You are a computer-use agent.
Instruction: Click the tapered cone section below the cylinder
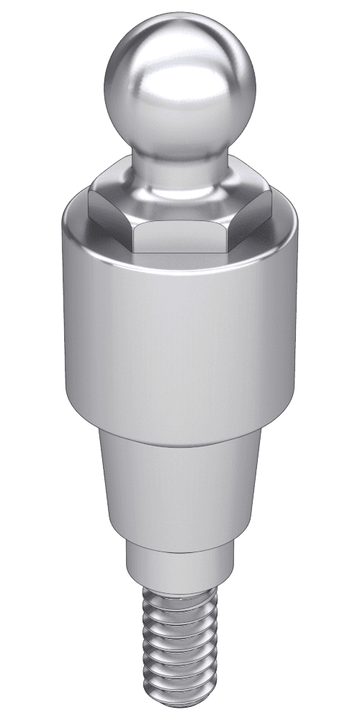click(180, 490)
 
